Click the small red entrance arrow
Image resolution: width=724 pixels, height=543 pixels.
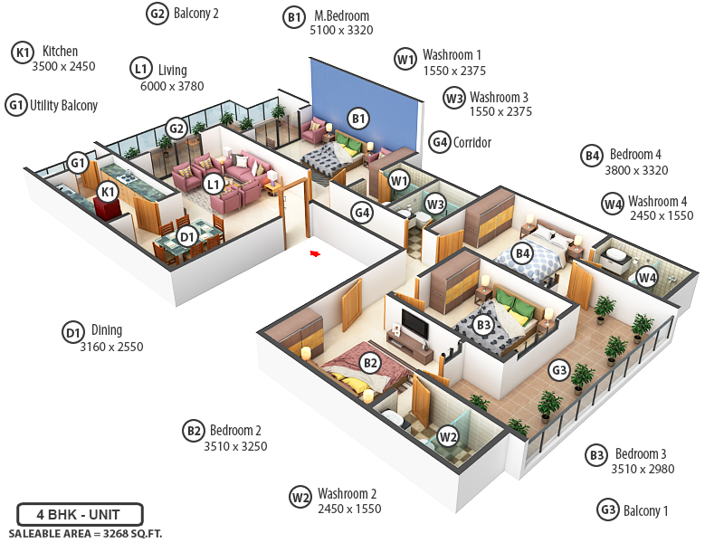tap(315, 254)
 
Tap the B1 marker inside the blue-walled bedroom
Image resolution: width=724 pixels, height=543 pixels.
tap(358, 118)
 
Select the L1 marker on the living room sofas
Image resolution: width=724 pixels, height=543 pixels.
tap(214, 184)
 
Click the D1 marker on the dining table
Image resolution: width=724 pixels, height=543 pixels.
tap(186, 237)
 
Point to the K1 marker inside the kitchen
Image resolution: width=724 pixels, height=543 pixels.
tap(108, 192)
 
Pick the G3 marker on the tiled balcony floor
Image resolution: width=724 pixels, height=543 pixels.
tap(559, 369)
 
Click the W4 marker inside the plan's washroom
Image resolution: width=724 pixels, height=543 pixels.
tap(646, 277)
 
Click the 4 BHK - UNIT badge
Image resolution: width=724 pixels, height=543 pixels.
tap(79, 515)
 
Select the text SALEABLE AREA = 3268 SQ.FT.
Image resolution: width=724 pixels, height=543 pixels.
tap(85, 534)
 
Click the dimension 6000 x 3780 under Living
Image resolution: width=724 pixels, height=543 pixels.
tap(172, 87)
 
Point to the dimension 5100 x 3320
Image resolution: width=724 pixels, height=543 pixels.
tap(341, 31)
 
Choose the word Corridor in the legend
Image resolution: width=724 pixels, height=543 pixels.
tap(472, 143)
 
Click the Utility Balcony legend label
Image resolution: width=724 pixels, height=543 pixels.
tap(63, 106)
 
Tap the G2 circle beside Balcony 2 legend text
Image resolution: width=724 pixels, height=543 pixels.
tap(157, 13)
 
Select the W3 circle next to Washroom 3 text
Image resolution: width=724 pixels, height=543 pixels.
tap(453, 98)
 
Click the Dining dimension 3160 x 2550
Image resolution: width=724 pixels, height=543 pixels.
tap(111, 347)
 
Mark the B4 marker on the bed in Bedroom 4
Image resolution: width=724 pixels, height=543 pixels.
tap(521, 253)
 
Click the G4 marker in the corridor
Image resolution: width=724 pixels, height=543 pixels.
tap(363, 214)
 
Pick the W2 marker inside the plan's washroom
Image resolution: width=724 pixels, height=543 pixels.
tap(447, 436)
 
